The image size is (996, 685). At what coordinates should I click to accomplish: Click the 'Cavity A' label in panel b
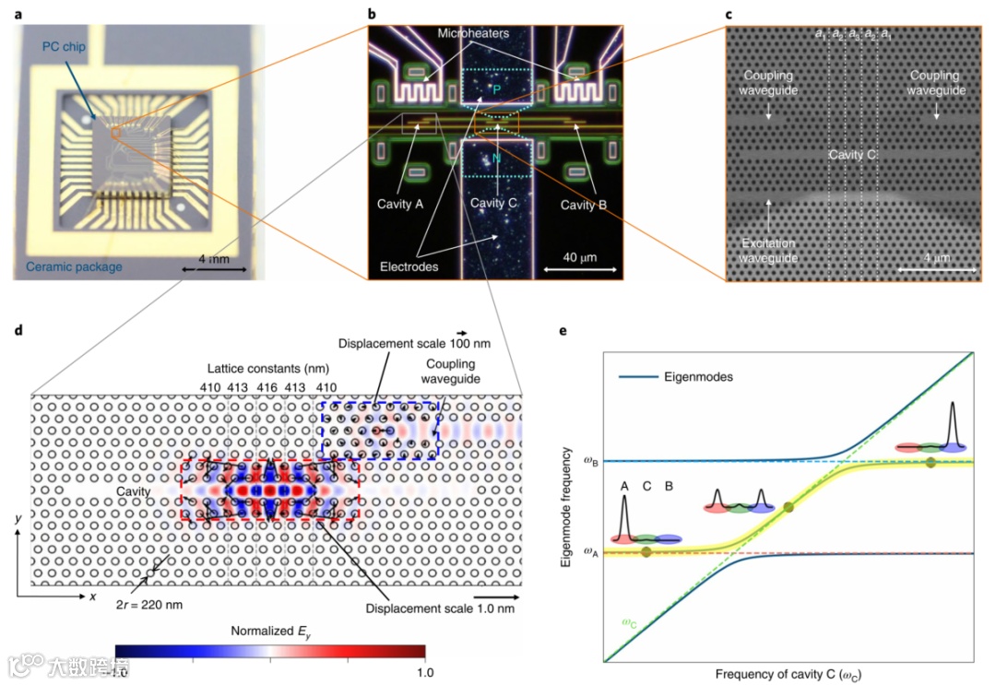tap(400, 204)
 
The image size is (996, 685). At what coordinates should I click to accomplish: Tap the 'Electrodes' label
tap(409, 266)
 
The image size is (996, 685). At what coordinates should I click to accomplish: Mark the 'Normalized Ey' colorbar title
tap(270, 631)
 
